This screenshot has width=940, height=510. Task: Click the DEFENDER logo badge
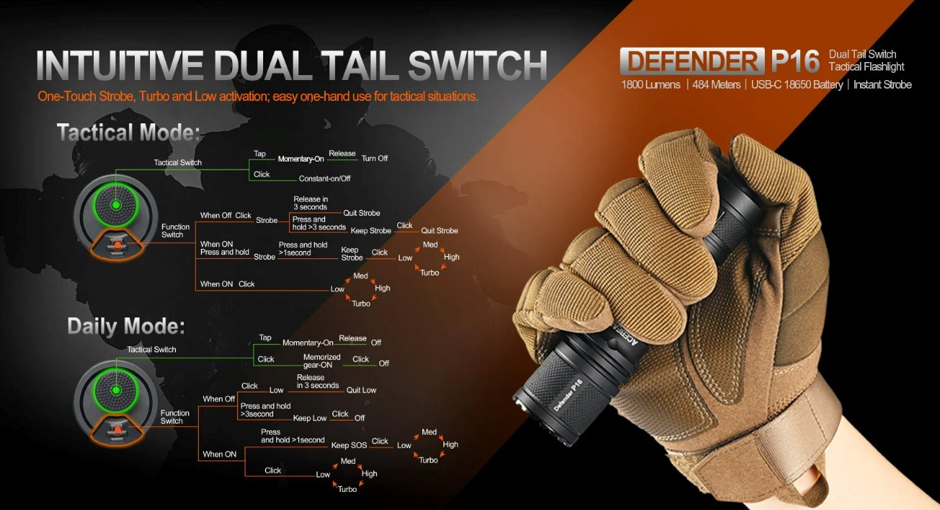[x=692, y=61]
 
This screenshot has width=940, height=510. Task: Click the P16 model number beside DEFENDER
[x=795, y=61]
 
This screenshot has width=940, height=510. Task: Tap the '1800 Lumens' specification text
[x=650, y=85]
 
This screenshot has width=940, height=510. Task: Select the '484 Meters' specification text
[x=717, y=85]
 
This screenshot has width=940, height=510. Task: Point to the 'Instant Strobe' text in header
[x=882, y=85]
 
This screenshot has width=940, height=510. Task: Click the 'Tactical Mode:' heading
[x=128, y=132]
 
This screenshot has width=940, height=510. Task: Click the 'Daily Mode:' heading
[x=126, y=327]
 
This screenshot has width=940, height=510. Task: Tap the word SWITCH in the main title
[x=477, y=65]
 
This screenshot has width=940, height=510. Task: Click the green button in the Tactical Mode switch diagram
[x=116, y=205]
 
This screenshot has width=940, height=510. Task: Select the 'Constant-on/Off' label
[x=324, y=179]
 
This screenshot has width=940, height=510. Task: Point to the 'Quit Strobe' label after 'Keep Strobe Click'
[x=440, y=231]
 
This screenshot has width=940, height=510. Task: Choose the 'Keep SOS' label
[x=349, y=445]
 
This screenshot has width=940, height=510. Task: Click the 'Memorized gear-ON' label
[x=322, y=361]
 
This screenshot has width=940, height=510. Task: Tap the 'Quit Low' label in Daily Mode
[x=361, y=390]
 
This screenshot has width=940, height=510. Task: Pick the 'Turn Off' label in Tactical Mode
[x=374, y=159]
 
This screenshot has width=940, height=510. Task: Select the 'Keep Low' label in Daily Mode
[x=310, y=418]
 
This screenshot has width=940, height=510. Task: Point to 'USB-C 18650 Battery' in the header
[x=797, y=85]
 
